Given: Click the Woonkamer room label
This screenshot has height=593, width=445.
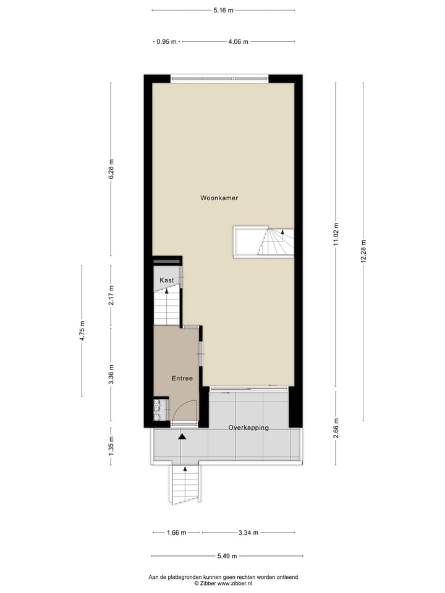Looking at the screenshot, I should point(219,198).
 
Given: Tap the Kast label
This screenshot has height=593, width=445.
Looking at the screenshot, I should point(166,280).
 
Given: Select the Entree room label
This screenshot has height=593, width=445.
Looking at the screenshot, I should point(182,379).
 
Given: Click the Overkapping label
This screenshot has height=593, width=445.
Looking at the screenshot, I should point(248,427).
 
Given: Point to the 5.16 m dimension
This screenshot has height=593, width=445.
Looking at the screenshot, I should point(223,11).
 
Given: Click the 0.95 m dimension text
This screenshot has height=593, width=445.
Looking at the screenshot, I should point(166,42).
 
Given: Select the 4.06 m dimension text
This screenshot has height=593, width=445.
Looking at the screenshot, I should point(238,42).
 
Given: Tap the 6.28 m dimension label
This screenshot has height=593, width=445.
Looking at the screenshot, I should point(111,169).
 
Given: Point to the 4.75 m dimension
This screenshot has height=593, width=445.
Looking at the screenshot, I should point(82,331).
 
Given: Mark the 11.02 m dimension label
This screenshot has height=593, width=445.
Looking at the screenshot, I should point(336,235).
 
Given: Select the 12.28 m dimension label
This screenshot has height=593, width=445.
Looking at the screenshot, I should point(363,251).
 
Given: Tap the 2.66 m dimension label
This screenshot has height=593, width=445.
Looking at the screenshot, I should point(336,428).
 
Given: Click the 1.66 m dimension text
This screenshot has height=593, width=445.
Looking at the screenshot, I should point(176,532).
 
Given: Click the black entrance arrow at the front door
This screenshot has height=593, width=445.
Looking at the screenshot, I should point(182,437).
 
